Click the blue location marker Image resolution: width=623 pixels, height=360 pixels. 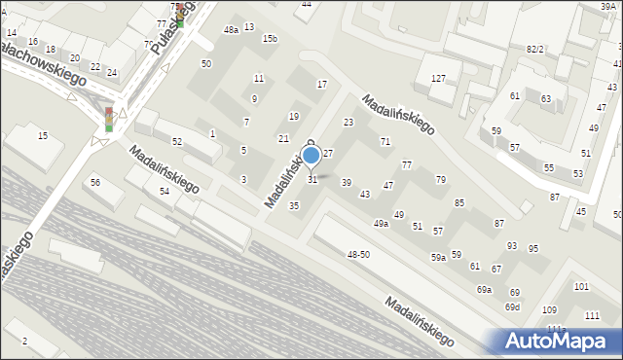311,156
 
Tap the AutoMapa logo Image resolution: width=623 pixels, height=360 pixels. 556,341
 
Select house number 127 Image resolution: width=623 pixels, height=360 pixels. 438,79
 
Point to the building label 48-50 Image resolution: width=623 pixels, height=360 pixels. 358,254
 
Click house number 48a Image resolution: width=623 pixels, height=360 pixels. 231,30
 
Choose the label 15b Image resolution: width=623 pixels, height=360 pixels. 270,38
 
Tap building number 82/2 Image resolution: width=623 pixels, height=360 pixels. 534,49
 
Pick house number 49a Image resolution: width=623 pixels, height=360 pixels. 381,224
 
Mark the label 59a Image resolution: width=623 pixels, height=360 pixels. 439,257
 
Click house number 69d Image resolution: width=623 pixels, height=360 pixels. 512,307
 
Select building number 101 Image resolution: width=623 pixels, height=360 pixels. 581,287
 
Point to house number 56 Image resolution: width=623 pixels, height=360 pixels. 95,183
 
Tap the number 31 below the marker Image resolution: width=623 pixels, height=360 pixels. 312,180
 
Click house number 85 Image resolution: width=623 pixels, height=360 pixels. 459,202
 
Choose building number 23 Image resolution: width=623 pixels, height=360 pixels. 348,123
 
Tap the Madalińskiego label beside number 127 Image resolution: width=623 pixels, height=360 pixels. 398,113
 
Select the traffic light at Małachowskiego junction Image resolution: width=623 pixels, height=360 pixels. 110,120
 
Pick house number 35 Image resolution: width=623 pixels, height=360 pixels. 294,205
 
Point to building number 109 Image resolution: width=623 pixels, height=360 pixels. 549,309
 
